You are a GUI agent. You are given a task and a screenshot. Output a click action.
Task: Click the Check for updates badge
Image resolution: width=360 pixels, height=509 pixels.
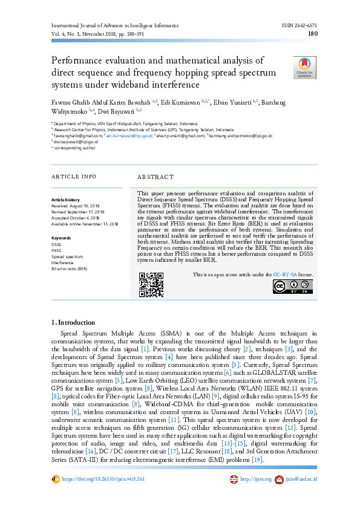click(x=304, y=68)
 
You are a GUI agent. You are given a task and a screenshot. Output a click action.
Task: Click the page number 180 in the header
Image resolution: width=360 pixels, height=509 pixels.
click(x=313, y=34)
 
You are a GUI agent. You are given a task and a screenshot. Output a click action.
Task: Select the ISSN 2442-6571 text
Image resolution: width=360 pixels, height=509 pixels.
click(x=299, y=26)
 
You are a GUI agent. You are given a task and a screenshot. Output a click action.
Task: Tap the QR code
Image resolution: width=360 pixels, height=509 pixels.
click(x=151, y=285)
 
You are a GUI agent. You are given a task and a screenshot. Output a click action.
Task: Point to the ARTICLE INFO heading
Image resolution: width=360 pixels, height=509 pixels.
click(x=73, y=177)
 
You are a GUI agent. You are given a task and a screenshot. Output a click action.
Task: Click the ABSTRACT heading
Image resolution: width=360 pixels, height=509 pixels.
click(x=155, y=177)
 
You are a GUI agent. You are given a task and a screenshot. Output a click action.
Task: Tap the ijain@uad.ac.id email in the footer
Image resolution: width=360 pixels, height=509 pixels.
click(x=301, y=479)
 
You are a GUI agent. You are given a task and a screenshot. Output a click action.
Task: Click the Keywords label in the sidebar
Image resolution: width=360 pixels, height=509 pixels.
click(x=61, y=238)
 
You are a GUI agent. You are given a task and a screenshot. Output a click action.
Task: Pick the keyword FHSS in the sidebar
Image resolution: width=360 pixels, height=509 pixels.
click(x=56, y=250)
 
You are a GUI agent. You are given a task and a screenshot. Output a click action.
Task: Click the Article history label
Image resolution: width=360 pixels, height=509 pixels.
click(x=65, y=199)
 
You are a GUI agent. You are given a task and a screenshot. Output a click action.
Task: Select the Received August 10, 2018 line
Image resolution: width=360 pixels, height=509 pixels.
click(x=77, y=206)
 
